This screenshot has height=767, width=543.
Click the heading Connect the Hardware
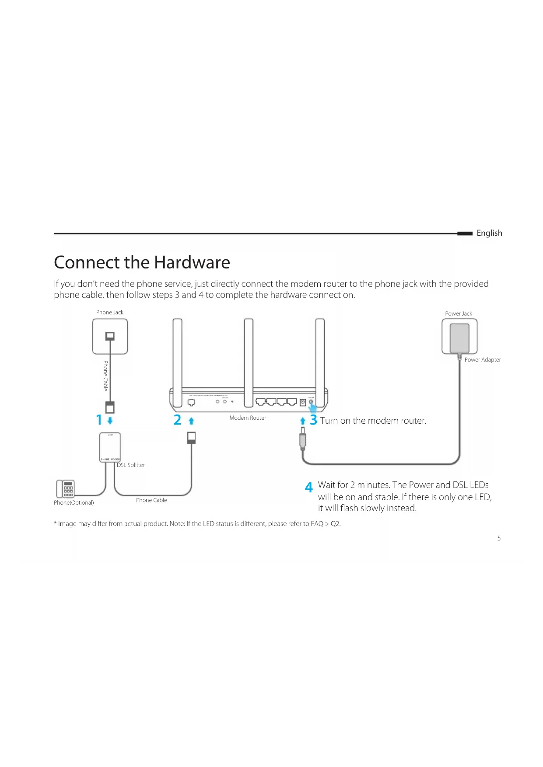(x=142, y=262)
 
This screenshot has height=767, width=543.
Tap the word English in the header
(x=489, y=233)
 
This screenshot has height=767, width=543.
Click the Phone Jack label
(x=110, y=312)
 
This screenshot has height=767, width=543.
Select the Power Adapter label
(x=482, y=360)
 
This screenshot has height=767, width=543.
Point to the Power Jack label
(x=458, y=314)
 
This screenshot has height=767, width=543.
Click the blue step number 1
(x=99, y=420)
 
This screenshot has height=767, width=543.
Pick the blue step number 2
(x=177, y=420)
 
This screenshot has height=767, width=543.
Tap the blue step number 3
(x=313, y=420)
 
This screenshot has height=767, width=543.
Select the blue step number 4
(x=309, y=488)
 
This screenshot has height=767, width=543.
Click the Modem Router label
(x=248, y=418)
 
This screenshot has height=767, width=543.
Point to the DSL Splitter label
(x=131, y=465)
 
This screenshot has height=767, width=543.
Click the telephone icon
(x=66, y=488)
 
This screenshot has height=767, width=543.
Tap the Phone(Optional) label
(x=74, y=503)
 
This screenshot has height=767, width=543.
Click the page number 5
(x=499, y=538)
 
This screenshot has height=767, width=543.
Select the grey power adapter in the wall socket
(x=459, y=337)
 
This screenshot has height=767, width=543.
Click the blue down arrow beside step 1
(x=110, y=421)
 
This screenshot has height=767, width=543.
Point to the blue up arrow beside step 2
(x=191, y=421)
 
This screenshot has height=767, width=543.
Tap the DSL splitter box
(x=110, y=447)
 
